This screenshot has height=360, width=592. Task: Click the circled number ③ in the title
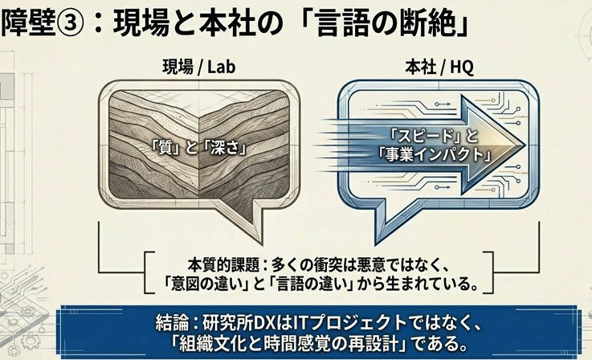pyautogui.click(x=69, y=23)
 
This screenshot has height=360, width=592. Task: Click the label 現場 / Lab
pyautogui.click(x=198, y=67)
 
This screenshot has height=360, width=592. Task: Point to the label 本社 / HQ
pyautogui.click(x=439, y=67)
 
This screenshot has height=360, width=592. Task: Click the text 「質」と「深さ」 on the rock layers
pyautogui.click(x=199, y=148)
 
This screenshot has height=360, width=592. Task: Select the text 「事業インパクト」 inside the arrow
pyautogui.click(x=435, y=153)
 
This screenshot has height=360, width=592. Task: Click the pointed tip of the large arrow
pyautogui.click(x=525, y=145)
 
